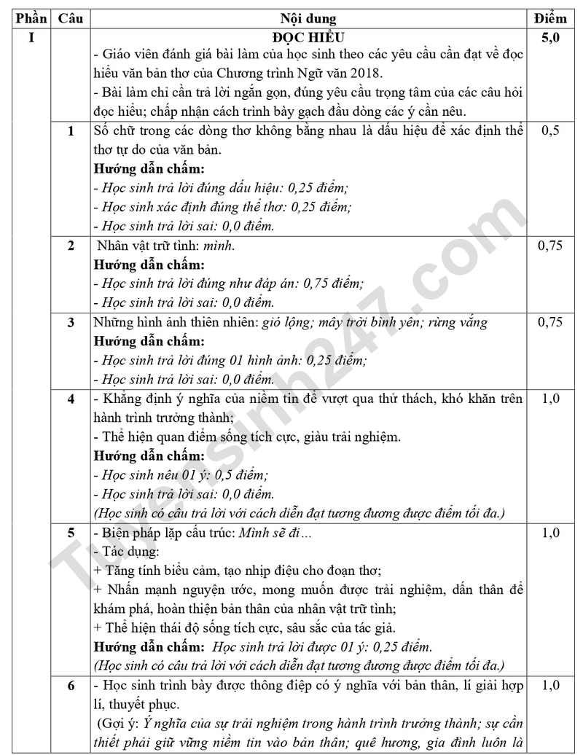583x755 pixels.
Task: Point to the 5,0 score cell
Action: [x=550, y=36]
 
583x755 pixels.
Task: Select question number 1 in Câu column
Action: [x=71, y=131]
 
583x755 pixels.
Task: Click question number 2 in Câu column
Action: [x=71, y=246]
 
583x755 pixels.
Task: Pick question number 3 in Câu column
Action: [x=71, y=323]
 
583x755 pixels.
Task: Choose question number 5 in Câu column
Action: [x=71, y=533]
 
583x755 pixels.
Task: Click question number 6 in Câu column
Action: [x=71, y=686]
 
